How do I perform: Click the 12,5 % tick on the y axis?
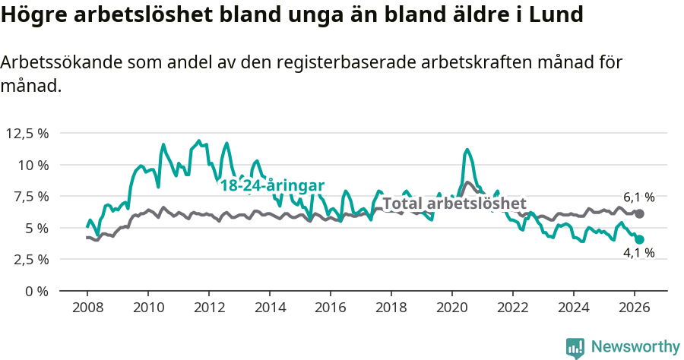point(27,133)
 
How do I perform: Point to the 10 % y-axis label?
point(33,165)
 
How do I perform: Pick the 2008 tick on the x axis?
point(87,308)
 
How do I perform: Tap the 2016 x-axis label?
point(331,308)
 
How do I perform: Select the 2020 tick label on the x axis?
point(452,308)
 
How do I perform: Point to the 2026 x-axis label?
point(635,308)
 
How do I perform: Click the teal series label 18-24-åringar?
point(272,186)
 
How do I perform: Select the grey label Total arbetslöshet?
point(454,204)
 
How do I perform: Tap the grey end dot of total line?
point(640,214)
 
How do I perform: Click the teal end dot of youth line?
point(640,239)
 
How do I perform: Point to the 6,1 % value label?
point(638,197)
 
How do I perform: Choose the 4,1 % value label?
point(638,254)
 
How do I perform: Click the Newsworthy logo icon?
point(575,347)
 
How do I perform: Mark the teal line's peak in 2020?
point(467,150)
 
